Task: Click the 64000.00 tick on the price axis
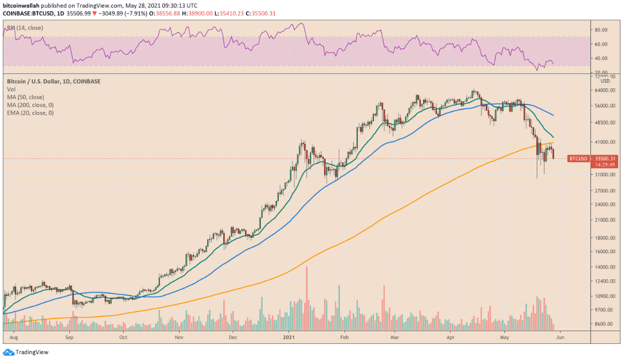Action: [x=603, y=90]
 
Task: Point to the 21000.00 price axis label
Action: [x=603, y=220]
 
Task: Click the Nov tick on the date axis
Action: [x=179, y=335]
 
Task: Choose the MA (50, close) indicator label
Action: [x=28, y=97]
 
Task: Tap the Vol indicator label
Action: [x=11, y=89]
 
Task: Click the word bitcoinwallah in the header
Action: [x=22, y=5]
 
